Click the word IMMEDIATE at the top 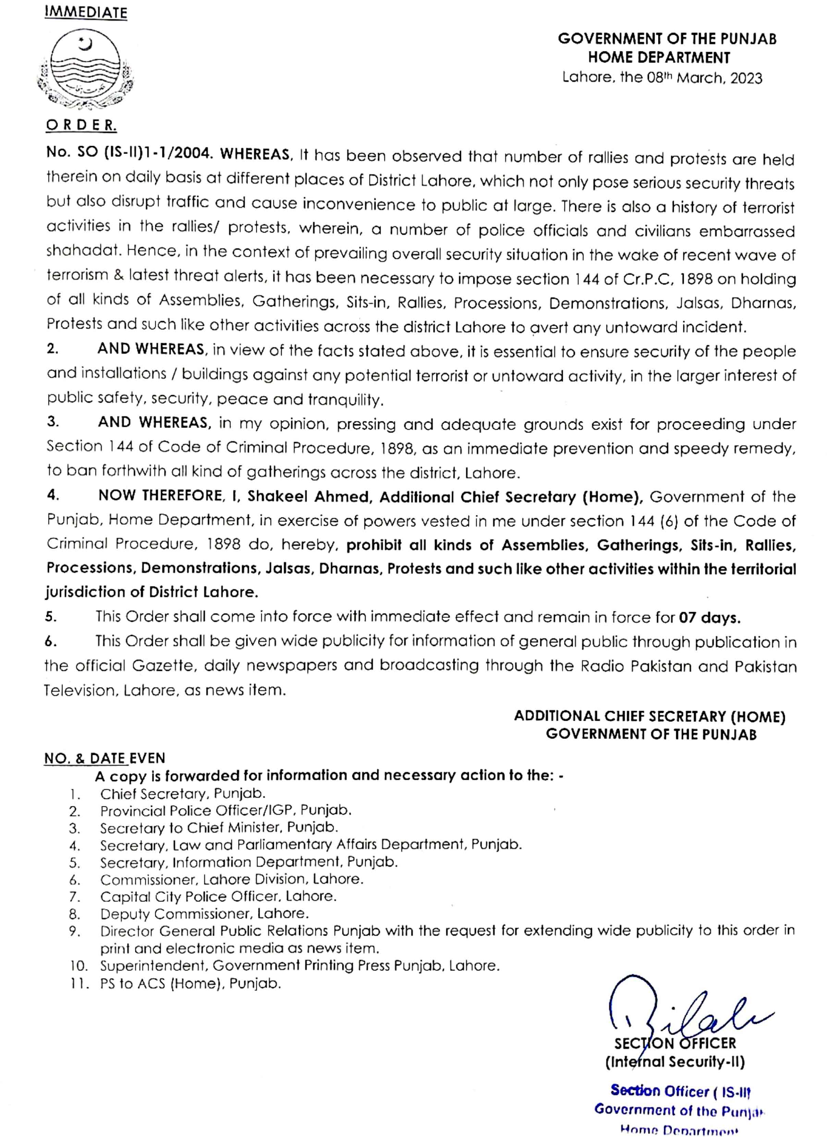coord(86,13)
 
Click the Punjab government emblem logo coord(86,71)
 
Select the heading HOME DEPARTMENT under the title coord(659,58)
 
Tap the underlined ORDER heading coord(81,126)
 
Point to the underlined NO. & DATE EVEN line coord(104,758)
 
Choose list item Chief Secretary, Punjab coord(183,793)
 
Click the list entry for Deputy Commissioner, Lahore coord(205,913)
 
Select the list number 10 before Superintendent coord(79,966)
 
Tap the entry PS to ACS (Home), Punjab coord(191,983)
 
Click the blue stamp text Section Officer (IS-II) coord(680,1091)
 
